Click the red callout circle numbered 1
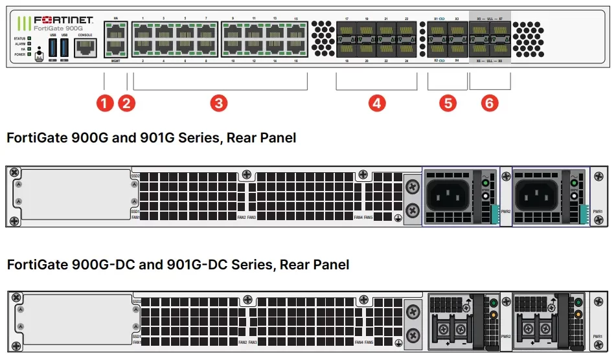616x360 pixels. click(x=104, y=102)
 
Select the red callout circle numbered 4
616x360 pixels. click(x=377, y=102)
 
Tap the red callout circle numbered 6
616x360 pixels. click(x=490, y=102)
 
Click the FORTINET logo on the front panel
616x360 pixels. click(x=63, y=20)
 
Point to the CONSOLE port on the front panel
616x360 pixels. click(x=85, y=47)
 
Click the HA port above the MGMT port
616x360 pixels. click(x=115, y=32)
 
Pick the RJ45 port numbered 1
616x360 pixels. click(x=143, y=32)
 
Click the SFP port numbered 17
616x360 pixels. click(x=347, y=31)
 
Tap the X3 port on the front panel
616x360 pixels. click(x=457, y=31)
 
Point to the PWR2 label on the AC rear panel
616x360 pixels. click(x=506, y=212)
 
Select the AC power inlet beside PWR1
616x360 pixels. click(x=535, y=192)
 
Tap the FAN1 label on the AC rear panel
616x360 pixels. click(x=136, y=217)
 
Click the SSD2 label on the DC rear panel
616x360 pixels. click(x=136, y=301)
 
